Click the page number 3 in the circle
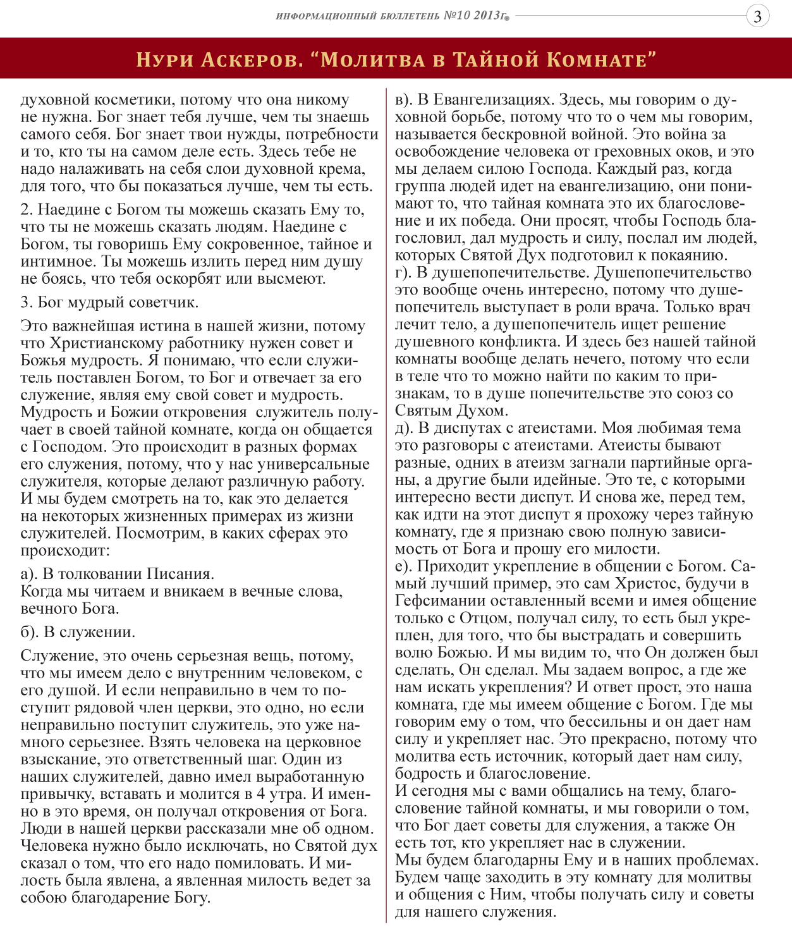[x=758, y=16]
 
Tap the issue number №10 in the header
[x=457, y=15]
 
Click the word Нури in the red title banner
[x=164, y=59]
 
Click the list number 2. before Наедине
[x=27, y=210]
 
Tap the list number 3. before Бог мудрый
[x=27, y=302]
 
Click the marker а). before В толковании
[x=29, y=574]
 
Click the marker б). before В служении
[x=29, y=632]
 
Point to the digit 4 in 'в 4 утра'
[x=261, y=795]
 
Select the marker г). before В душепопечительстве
[x=404, y=272]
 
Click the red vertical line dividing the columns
[x=386, y=506]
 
